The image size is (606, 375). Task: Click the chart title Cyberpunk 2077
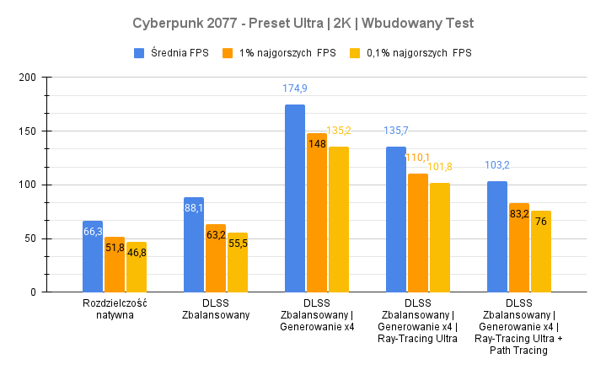pyautogui.click(x=303, y=20)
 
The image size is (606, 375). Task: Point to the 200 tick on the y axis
pyautogui.click(x=27, y=78)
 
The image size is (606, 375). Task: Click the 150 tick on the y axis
pyautogui.click(x=27, y=131)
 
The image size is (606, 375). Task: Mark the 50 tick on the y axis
pyautogui.click(x=29, y=238)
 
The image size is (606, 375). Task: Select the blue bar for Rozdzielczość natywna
pyautogui.click(x=93, y=256)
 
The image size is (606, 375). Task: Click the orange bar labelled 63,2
pyautogui.click(x=216, y=258)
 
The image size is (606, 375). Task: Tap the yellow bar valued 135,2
pyautogui.click(x=338, y=219)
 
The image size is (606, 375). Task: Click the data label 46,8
pyautogui.click(x=137, y=252)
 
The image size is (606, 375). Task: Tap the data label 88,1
pyautogui.click(x=194, y=208)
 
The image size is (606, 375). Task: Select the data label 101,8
pyautogui.click(x=440, y=166)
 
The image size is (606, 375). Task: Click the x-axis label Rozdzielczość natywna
pyautogui.click(x=115, y=308)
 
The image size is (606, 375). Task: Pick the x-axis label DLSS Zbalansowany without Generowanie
pyautogui.click(x=216, y=308)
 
